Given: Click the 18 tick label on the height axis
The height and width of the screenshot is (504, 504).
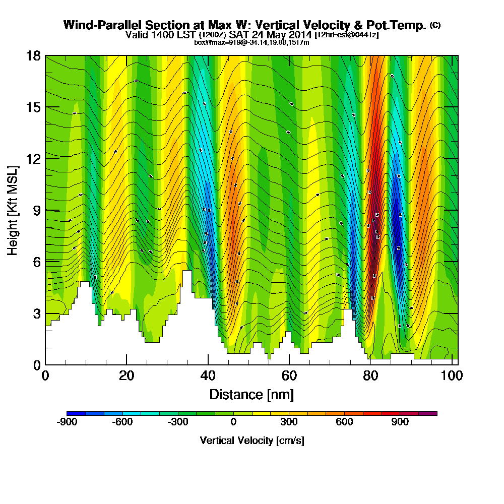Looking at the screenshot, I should pos(33,55).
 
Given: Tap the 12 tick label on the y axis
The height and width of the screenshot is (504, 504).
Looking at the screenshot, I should pos(33,159).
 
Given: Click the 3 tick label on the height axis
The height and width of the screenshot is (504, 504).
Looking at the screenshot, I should pos(36,313).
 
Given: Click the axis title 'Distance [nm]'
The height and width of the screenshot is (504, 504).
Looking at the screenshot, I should pos(251,394).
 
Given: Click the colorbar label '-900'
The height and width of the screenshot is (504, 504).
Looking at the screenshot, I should pos(67,422).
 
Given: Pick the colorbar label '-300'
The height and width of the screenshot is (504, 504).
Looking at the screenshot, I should pos(178,422).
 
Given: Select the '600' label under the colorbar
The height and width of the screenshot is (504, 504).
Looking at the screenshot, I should pos(345,422).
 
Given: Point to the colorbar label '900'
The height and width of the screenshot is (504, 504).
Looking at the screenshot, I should pos(400,422).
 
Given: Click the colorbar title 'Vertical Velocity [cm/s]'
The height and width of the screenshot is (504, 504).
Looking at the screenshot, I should pos(251,440).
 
